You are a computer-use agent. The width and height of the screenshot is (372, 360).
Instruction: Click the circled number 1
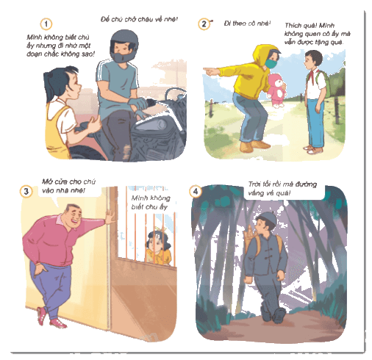[x=46, y=24]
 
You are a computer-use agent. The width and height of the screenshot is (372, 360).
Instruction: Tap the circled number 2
[x=204, y=24]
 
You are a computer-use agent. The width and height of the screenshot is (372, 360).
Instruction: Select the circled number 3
[x=26, y=191]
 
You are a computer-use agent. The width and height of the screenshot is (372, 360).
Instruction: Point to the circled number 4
[x=196, y=191]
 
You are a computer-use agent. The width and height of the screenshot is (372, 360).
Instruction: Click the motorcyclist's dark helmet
[x=124, y=46]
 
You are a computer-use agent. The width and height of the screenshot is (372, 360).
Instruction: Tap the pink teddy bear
[x=277, y=90]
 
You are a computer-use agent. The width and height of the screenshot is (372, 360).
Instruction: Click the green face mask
[x=271, y=63]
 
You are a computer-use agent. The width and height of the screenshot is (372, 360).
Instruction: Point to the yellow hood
[x=262, y=56]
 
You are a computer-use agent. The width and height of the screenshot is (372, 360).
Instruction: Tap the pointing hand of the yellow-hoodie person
[x=211, y=71]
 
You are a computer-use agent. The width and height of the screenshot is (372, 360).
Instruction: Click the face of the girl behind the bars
[x=155, y=245]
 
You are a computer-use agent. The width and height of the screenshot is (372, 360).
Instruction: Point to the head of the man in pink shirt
[x=73, y=215]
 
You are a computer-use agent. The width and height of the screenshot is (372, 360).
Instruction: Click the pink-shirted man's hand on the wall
[x=110, y=217]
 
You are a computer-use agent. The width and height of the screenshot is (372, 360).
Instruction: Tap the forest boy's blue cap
[x=267, y=217]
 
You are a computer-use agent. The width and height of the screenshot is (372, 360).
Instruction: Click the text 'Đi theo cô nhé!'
[x=247, y=24]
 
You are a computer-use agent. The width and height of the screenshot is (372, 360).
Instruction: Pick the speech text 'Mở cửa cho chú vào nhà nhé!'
[x=68, y=186]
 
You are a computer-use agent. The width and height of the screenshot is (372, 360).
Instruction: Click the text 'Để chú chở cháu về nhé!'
[x=139, y=19]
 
